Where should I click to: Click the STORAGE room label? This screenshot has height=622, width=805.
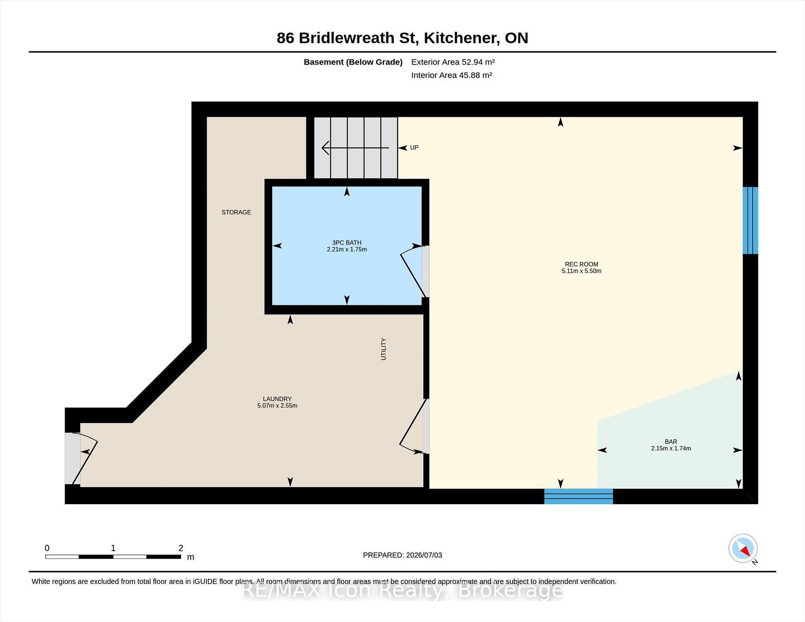236,212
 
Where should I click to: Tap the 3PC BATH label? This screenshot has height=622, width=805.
347,242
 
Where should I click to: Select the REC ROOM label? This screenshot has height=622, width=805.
582,264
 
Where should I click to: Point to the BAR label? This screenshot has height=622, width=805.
671,441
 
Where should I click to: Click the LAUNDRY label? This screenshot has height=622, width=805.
277,399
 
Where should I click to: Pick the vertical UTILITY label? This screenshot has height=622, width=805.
383,349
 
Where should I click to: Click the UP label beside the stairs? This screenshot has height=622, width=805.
414,148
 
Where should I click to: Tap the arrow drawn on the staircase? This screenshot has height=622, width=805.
355,148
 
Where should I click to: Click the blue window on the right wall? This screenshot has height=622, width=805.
750,220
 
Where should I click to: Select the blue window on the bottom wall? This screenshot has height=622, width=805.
579,496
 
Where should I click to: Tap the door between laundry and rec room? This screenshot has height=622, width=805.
414,426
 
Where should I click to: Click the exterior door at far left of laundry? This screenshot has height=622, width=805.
81,459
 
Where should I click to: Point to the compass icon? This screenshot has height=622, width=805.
743,548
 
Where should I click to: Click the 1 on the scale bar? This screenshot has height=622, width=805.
113,548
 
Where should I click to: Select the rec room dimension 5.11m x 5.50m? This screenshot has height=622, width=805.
582,271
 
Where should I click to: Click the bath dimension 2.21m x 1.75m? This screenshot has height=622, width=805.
347,249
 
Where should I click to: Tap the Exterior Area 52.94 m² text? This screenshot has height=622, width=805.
453,62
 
